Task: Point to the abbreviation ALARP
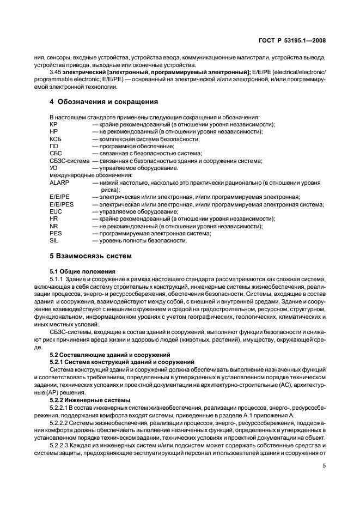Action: [x=59, y=183]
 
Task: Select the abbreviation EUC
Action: [x=56, y=211]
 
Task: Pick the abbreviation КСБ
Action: [x=56, y=139]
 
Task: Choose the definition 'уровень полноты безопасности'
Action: [x=144, y=240]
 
